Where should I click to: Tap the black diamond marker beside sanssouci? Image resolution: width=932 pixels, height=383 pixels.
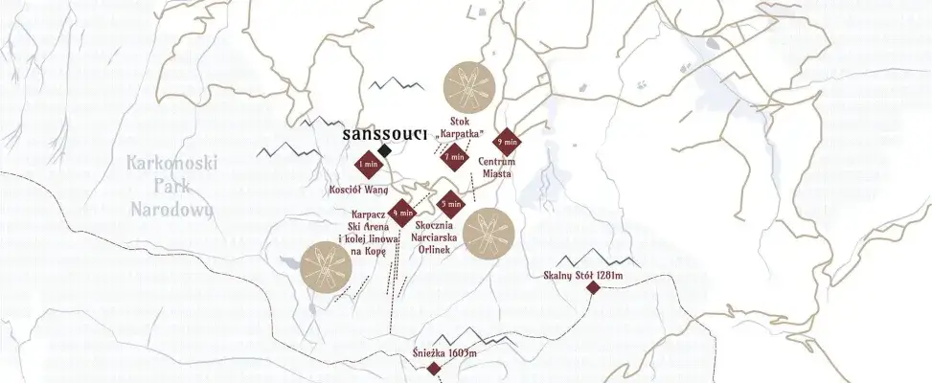click(384, 151)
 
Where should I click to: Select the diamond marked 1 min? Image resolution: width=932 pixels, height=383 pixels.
click(365, 166)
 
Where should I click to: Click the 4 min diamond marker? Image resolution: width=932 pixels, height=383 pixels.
click(401, 213)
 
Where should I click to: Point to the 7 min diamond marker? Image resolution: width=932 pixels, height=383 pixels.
click(455, 156)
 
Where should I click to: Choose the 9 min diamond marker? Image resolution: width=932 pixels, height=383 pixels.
click(507, 143)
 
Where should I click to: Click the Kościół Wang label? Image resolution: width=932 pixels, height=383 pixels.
click(357, 189)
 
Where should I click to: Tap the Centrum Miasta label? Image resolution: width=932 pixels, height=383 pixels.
click(496, 168)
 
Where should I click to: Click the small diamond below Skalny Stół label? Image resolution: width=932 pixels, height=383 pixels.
click(593, 288)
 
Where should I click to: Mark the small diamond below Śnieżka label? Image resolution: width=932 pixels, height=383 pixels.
click(434, 369)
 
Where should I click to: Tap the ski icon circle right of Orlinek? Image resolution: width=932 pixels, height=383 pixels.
click(489, 233)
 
